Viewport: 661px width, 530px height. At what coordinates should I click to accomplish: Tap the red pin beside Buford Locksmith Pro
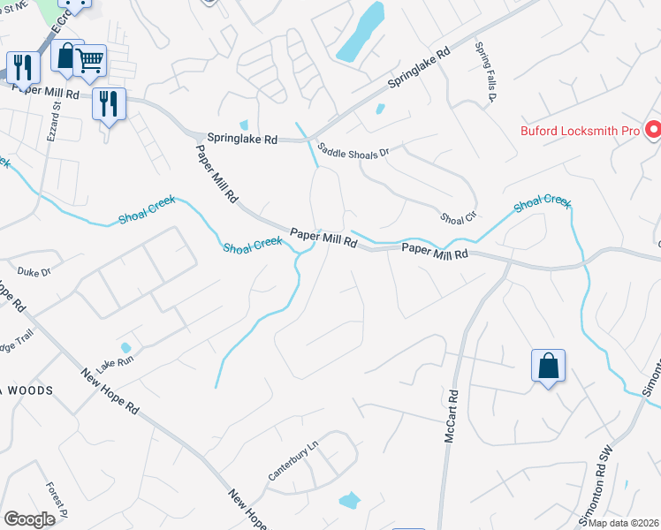pyautogui.click(x=654, y=131)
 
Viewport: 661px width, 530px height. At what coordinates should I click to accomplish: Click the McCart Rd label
pyautogui.click(x=452, y=418)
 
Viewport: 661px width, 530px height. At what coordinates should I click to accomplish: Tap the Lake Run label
pyautogui.click(x=117, y=363)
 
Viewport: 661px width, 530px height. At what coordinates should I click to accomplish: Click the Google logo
pyautogui.click(x=29, y=519)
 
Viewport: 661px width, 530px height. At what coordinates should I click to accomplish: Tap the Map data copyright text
pyautogui.click(x=624, y=523)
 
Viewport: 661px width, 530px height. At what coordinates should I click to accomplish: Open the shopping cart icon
pyautogui.click(x=90, y=60)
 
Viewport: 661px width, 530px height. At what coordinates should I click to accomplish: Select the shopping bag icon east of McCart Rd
pyautogui.click(x=548, y=367)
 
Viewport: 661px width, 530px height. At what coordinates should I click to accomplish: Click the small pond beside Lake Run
pyautogui.click(x=126, y=347)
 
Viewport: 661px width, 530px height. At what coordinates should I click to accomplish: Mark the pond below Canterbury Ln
pyautogui.click(x=350, y=500)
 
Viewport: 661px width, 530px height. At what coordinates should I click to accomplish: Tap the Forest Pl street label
pyautogui.click(x=58, y=500)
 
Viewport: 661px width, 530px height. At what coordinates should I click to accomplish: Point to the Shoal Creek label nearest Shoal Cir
pyautogui.click(x=543, y=202)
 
